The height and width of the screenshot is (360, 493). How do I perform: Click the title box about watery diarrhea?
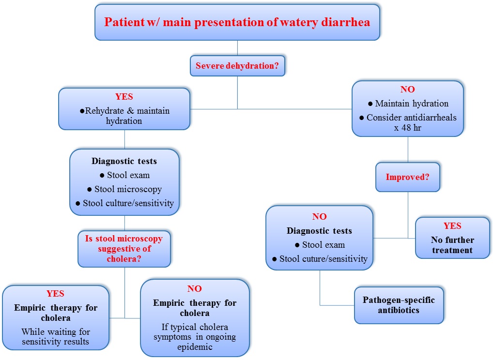click(237, 23)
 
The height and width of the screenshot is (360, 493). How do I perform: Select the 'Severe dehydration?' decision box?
click(237, 66)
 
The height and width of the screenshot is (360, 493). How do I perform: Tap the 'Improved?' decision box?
click(407, 177)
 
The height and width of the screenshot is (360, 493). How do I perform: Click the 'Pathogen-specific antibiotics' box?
click(399, 305)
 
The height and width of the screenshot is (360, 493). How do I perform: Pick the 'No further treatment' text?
click(452, 245)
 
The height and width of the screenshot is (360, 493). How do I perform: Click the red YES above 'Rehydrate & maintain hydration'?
click(124, 96)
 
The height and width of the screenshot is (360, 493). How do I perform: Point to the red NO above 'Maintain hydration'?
click(407, 90)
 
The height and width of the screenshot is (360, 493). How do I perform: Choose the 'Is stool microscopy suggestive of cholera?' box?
click(124, 249)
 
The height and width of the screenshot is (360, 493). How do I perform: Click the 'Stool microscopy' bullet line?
click(124, 189)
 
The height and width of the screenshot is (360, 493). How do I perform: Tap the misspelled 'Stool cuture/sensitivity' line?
click(320, 259)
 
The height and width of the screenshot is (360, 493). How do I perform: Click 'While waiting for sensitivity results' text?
click(56, 337)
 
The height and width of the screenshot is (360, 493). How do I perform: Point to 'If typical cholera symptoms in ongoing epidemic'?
click(195, 337)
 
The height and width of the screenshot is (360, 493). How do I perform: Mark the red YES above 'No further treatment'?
click(452, 226)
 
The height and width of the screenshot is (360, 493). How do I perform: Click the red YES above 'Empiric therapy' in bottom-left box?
click(55, 293)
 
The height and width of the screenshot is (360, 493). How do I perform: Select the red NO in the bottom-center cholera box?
click(195, 288)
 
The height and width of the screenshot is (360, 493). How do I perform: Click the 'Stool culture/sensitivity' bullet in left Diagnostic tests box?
click(124, 203)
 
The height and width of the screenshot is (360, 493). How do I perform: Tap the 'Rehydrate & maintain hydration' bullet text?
click(124, 116)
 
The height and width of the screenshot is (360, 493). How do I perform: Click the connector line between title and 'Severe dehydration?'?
click(237, 48)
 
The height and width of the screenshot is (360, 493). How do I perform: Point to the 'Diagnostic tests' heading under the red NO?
click(320, 231)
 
